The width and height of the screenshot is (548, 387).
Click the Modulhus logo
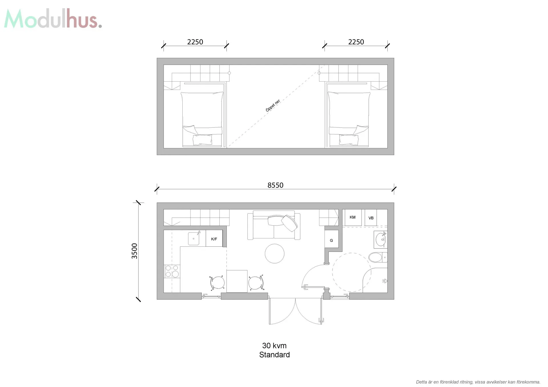pos(53,19)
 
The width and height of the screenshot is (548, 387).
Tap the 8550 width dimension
pos(275,185)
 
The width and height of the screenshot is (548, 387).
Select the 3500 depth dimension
pos(134,251)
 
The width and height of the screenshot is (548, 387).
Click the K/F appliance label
pos(214,239)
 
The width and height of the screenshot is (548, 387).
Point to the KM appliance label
pos(352,217)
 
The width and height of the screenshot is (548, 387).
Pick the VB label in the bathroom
pos(371,218)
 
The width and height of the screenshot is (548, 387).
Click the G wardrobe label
pos(331,240)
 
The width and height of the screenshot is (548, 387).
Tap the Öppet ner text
pos(273,106)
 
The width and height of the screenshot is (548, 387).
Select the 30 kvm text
pos(274,346)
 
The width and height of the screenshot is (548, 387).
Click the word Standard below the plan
pos(274,355)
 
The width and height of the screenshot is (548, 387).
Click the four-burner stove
pos(172,271)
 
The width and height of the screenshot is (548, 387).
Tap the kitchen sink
pos(194,239)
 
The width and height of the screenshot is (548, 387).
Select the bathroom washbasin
pos(381,240)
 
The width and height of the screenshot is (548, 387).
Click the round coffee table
pos(275,254)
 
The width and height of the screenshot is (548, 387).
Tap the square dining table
pos(237,281)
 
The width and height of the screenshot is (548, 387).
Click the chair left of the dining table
pos(217,283)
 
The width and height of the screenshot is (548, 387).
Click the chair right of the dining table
pos(256,283)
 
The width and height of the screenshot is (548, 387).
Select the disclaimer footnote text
pos(478,382)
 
